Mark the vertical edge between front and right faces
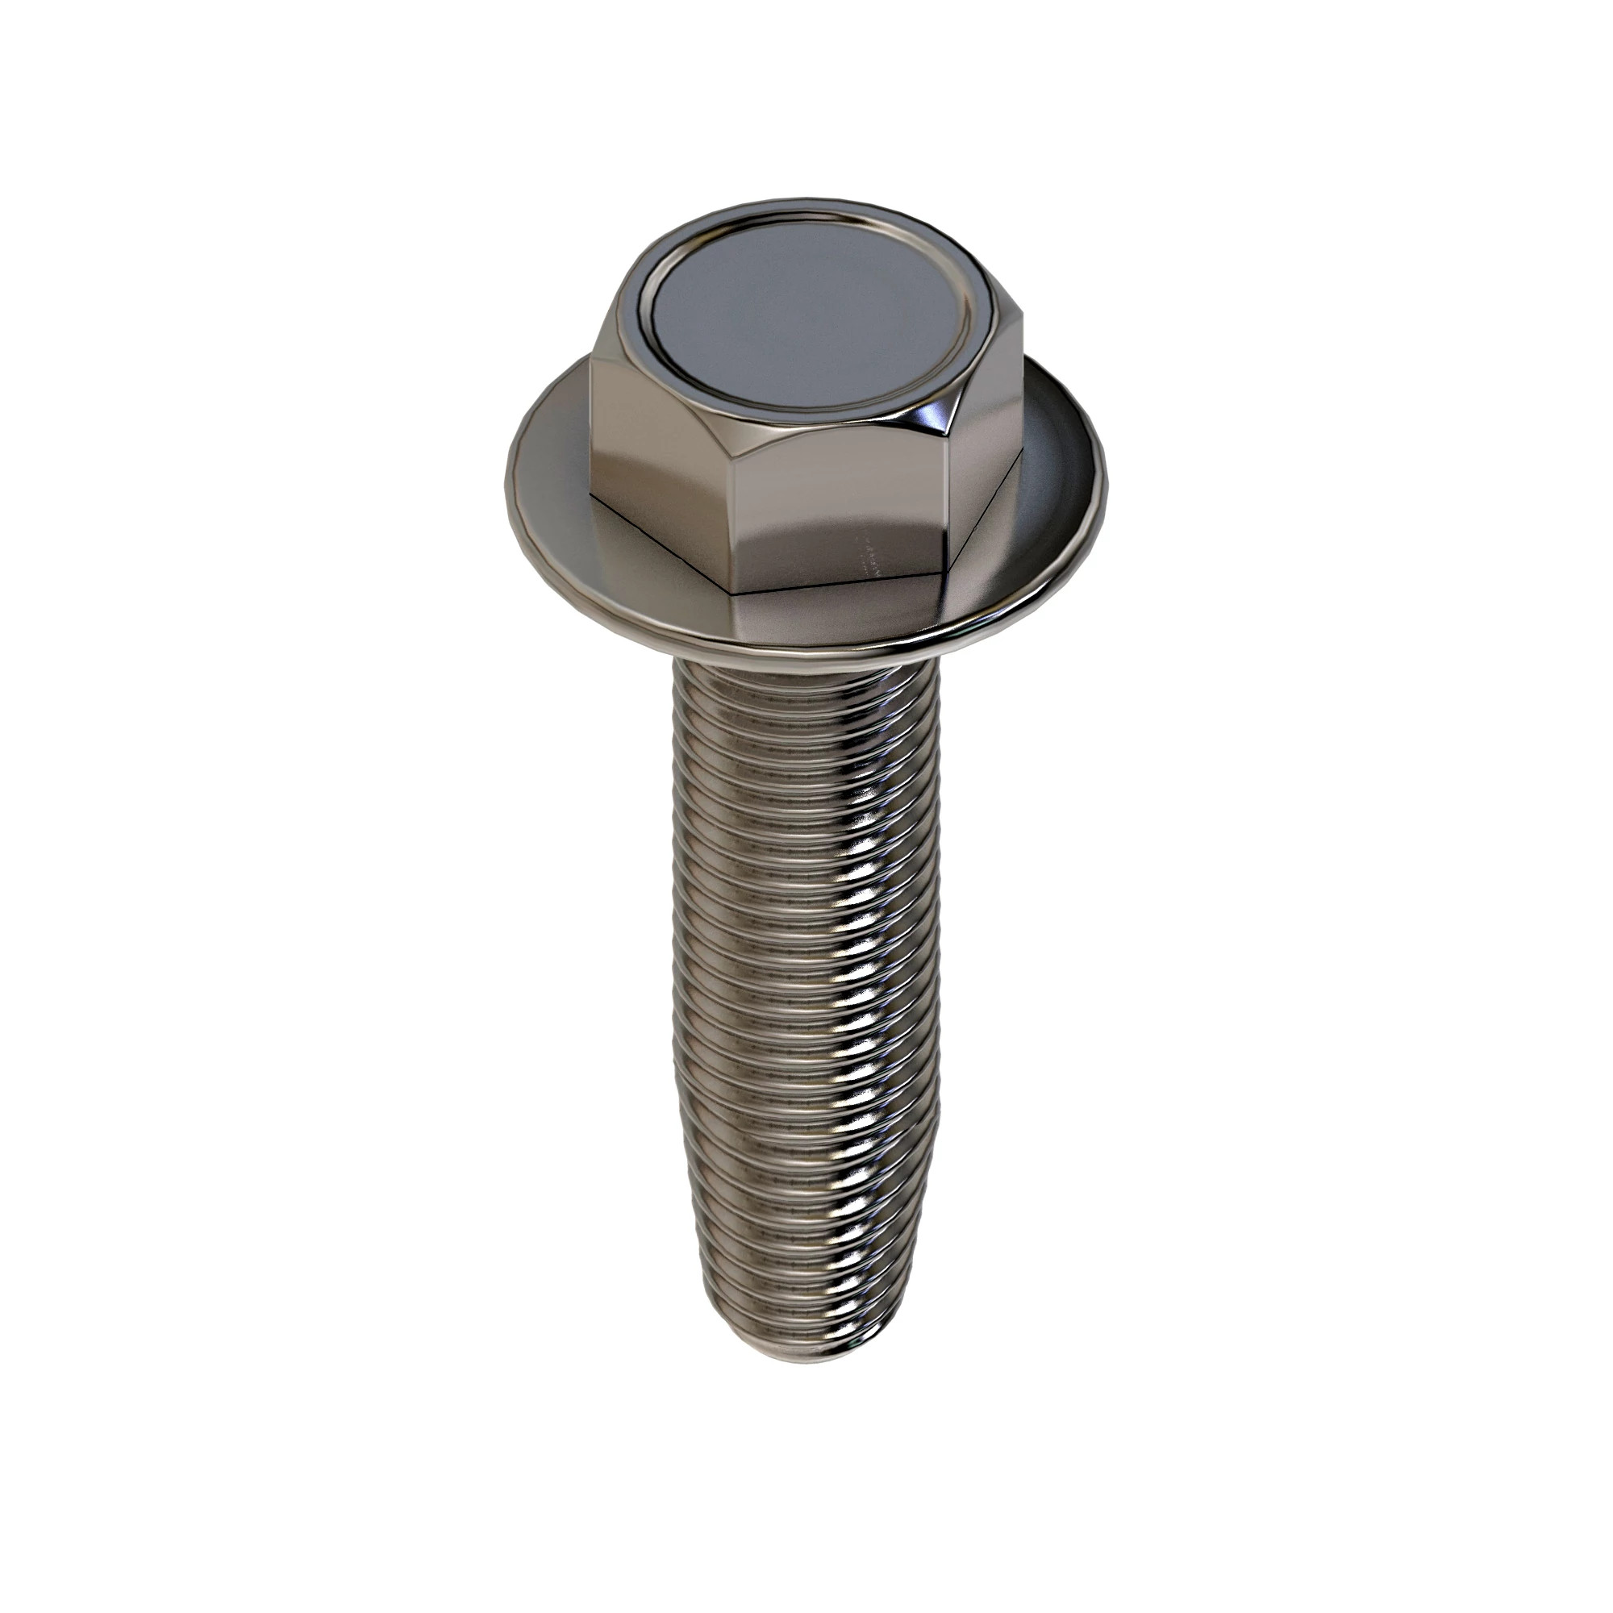pyautogui.click(x=948, y=509)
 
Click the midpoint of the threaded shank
pyautogui.click(x=806, y=1019)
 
